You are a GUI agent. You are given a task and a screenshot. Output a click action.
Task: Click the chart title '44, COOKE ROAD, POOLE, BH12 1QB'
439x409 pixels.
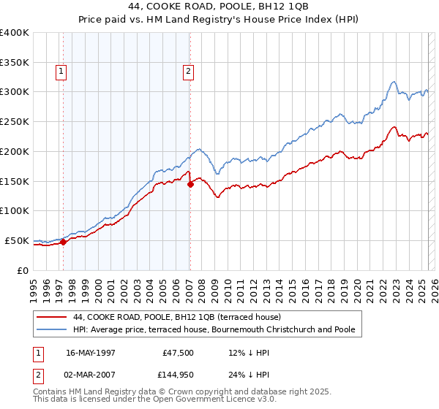[219, 7]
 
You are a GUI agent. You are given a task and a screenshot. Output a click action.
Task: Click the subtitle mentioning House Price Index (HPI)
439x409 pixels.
[219, 20]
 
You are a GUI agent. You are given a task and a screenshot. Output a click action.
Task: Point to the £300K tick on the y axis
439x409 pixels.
[15, 92]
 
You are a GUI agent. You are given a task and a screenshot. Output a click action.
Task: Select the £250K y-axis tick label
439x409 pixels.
[15, 122]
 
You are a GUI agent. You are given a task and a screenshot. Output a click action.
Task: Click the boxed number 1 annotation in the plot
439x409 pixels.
[59, 72]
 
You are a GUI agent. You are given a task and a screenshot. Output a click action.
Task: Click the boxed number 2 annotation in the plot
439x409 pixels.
[188, 72]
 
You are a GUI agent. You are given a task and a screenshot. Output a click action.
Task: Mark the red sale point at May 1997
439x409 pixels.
[64, 242]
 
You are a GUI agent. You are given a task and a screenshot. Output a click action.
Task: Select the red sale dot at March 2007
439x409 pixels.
[190, 184]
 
